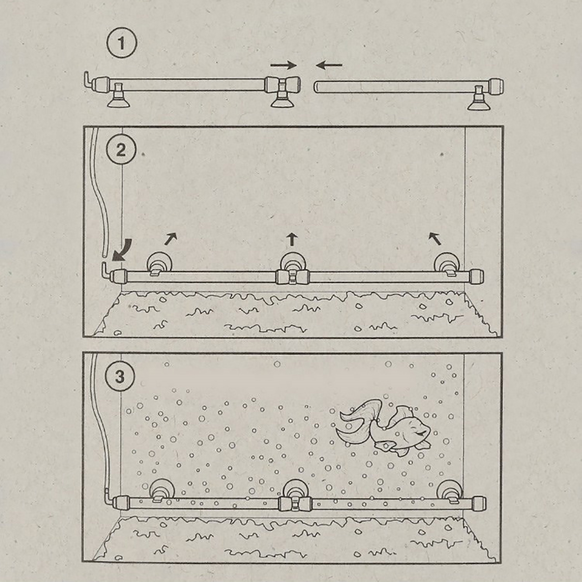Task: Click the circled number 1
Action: tap(121, 44)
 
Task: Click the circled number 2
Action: tap(121, 150)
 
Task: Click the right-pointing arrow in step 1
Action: tap(284, 65)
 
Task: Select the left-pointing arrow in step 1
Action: tap(329, 65)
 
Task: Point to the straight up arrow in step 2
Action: tap(292, 240)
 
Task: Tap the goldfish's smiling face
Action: tap(415, 429)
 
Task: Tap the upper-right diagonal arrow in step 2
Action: tap(170, 239)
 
